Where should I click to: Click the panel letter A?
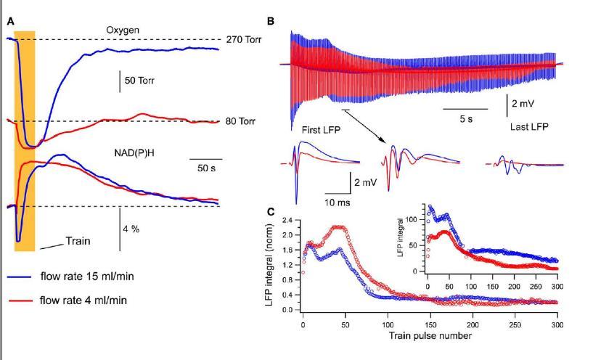tap(10, 22)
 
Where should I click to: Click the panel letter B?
tap(271, 22)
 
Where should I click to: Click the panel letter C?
tap(271, 212)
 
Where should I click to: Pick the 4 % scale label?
tap(131, 229)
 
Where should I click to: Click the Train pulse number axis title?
tap(430, 335)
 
